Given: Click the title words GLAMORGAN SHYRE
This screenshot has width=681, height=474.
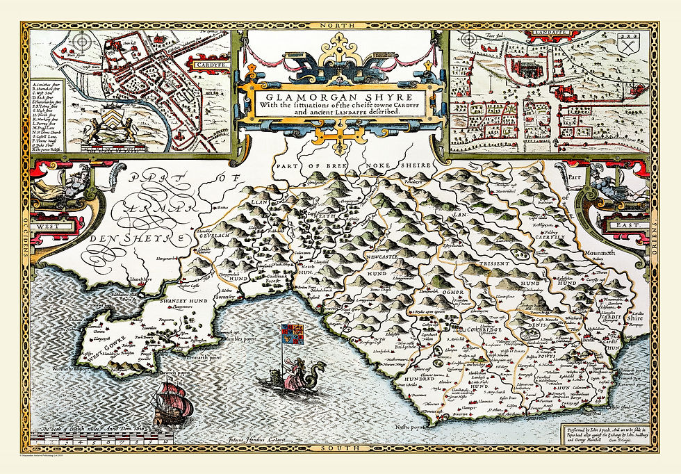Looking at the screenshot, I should point(340,97).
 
